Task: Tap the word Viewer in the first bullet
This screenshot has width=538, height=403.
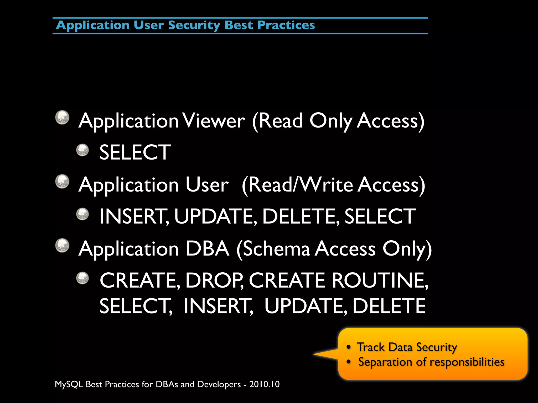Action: point(214,121)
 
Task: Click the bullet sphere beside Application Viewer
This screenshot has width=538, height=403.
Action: point(62,117)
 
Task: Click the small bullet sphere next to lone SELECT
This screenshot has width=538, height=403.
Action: point(82,150)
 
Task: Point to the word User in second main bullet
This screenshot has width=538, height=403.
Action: point(207,185)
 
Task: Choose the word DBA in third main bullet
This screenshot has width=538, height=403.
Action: point(207,249)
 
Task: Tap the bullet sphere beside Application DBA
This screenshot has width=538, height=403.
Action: point(62,246)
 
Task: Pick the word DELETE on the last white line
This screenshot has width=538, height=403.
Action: point(389,306)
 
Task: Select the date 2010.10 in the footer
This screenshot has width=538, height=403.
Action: point(264,384)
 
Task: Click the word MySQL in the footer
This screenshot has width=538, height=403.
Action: point(69,384)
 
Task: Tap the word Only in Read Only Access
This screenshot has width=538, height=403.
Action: point(331,121)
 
